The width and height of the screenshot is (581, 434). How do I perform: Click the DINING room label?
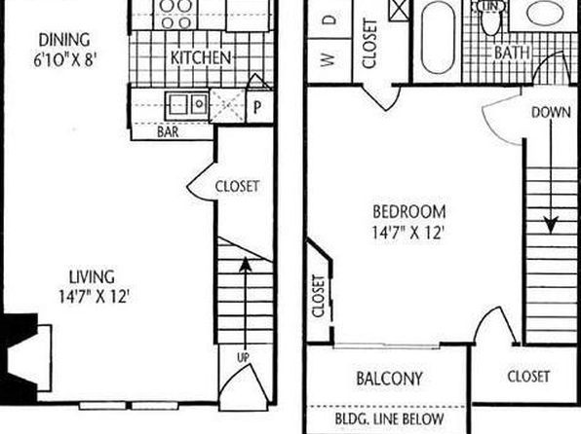(64, 40)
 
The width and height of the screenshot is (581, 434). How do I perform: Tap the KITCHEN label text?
(201, 57)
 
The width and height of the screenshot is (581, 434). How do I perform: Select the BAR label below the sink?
(168, 131)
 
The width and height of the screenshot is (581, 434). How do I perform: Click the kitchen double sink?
(186, 104)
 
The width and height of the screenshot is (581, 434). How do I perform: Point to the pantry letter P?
(257, 107)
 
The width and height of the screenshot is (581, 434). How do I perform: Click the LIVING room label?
(92, 276)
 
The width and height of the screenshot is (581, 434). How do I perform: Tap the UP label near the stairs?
(243, 357)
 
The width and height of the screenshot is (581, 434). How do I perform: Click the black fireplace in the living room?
(19, 358)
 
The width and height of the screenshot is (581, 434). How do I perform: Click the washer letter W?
(328, 59)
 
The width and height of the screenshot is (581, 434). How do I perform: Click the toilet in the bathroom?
(491, 18)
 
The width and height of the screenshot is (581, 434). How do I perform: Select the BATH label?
(512, 53)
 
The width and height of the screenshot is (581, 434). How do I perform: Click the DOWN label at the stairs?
(551, 112)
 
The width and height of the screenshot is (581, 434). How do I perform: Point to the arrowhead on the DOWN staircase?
(551, 225)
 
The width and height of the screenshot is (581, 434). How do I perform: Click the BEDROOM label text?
(409, 211)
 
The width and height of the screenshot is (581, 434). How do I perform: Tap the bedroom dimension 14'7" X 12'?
(407, 233)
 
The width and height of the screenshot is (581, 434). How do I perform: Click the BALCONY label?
(389, 379)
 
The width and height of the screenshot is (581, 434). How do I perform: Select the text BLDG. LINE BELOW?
(389, 418)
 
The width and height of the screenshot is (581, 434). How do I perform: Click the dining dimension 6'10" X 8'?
(65, 59)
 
